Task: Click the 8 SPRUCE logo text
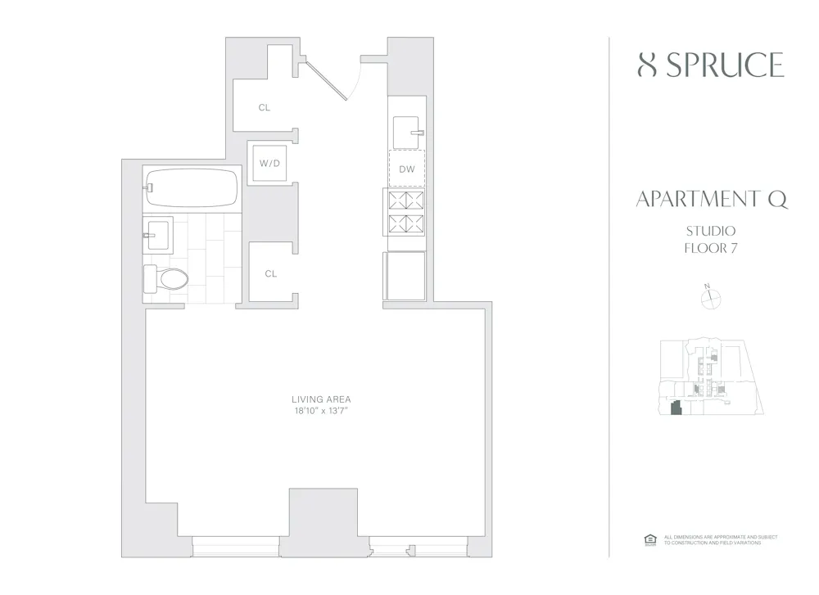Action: (710, 65)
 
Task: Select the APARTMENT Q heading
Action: (711, 200)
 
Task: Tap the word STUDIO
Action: (711, 231)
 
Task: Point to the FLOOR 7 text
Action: (711, 248)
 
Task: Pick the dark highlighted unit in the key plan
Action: (676, 408)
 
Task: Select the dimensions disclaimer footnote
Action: (720, 540)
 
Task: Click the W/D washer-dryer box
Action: (270, 164)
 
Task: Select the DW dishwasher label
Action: (407, 169)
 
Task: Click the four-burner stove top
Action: (407, 212)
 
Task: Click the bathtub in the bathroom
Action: (192, 187)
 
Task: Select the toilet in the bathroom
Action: (166, 278)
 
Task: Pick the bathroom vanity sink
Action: (158, 234)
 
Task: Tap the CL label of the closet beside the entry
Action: (264, 108)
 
